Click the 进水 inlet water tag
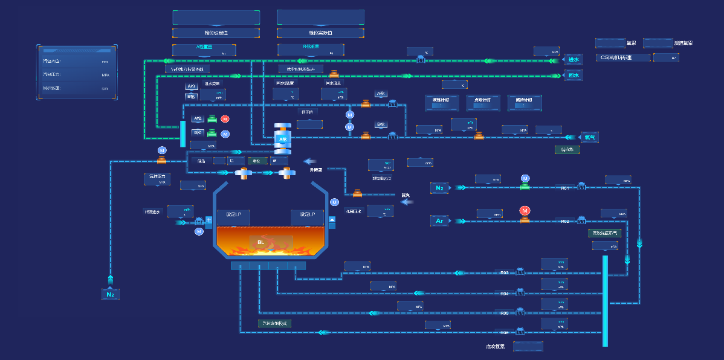tap(574, 60)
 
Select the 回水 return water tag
tap(574, 76)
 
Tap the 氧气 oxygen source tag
tap(589, 137)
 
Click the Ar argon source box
tap(439, 221)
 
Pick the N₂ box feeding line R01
tap(439, 188)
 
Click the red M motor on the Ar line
tap(525, 211)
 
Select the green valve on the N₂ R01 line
tap(525, 187)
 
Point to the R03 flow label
tap(505, 273)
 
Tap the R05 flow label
tap(505, 313)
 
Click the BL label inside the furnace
tap(261, 242)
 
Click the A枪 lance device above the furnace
tap(282, 138)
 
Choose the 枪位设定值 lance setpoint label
tap(216, 33)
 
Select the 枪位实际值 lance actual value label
tap(320, 33)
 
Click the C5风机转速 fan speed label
tap(622, 57)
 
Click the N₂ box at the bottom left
tap(110, 294)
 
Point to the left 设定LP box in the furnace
tap(233, 215)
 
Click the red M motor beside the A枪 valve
tap(225, 119)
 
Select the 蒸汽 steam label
tap(406, 195)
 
